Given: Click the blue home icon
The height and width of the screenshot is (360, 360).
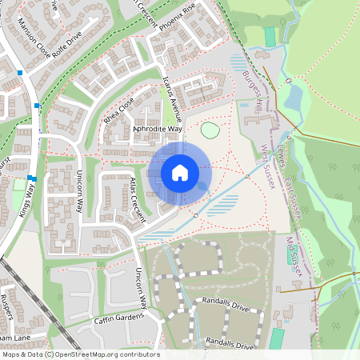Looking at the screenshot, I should point(180,172).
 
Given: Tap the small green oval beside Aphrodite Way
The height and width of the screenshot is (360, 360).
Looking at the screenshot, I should point(210,130).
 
